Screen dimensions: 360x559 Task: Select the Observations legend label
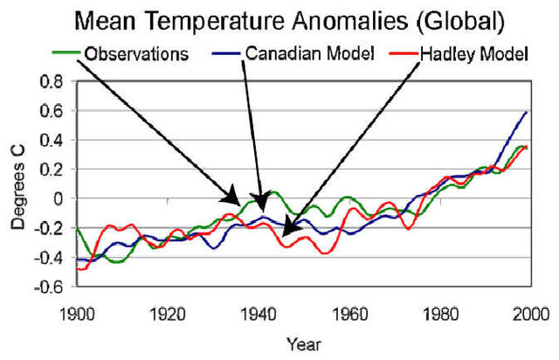136,54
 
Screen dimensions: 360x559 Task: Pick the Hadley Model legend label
471,54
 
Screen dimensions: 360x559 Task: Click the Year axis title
303,343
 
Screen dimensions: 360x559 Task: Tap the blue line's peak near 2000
527,112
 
